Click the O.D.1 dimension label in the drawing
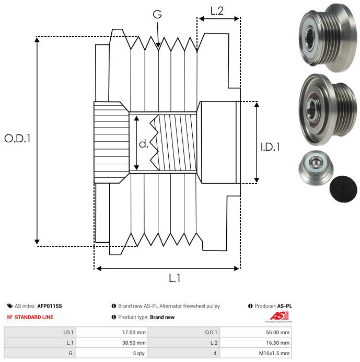[x=17, y=139]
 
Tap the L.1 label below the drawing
[x=174, y=278]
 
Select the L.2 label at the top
[x=217, y=10]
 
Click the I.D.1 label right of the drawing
[x=270, y=147]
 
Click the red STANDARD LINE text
[x=34, y=317]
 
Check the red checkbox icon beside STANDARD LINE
[x=9, y=317]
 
